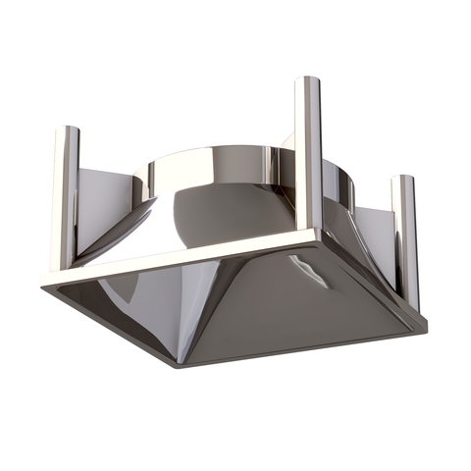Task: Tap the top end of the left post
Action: click(x=66, y=131)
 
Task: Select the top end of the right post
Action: click(x=404, y=181)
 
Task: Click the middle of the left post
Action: click(x=65, y=196)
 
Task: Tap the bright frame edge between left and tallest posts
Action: click(x=186, y=256)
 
